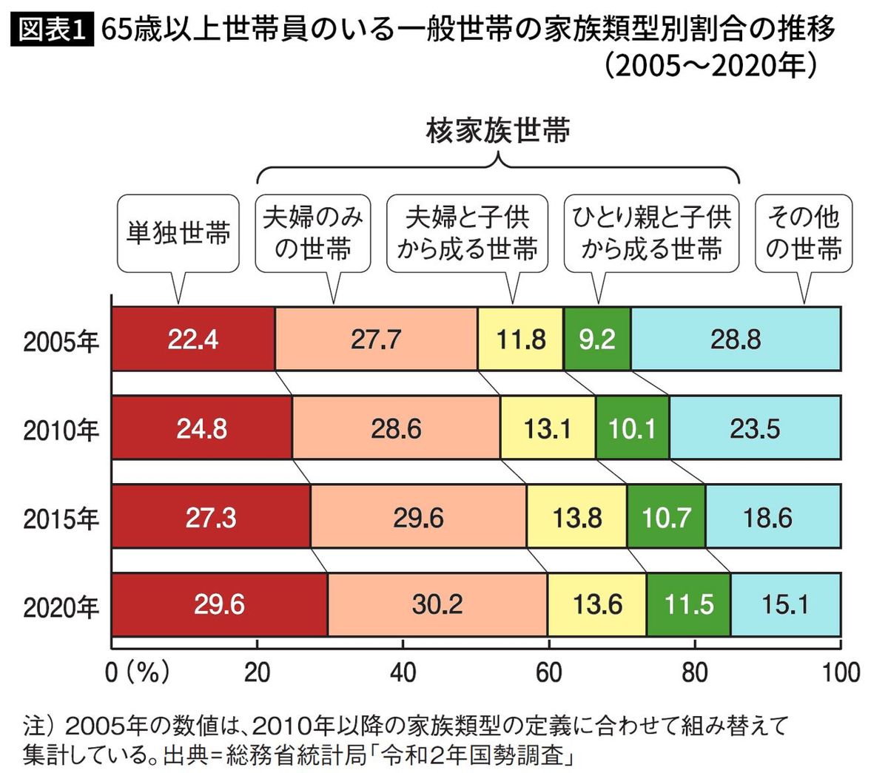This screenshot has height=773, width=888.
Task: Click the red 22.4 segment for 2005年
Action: (x=192, y=340)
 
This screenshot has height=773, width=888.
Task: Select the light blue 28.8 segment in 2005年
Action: (x=736, y=340)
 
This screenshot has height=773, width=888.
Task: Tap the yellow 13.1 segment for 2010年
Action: (x=548, y=428)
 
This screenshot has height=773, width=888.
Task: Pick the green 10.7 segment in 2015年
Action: (x=666, y=517)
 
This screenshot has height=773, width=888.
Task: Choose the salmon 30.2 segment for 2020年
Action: (x=437, y=605)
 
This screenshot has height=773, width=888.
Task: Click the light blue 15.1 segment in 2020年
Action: (x=785, y=605)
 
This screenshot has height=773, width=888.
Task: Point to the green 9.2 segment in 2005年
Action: (x=597, y=340)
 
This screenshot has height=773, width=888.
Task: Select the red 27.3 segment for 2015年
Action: (x=211, y=517)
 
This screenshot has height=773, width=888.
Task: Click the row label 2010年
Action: (x=61, y=430)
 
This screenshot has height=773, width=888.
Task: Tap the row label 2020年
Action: (x=61, y=607)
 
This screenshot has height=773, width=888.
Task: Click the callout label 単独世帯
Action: (x=178, y=233)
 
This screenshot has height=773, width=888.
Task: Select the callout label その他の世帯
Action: (x=804, y=233)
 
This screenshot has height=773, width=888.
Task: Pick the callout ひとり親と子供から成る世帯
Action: (x=651, y=233)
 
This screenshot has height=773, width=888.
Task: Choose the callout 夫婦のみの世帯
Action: (x=313, y=233)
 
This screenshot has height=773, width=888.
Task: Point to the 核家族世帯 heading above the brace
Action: (x=498, y=131)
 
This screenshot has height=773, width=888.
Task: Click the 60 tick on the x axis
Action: (x=548, y=672)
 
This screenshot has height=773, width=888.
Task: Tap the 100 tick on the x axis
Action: (x=839, y=672)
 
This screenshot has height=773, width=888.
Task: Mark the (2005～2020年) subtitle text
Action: (x=710, y=67)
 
